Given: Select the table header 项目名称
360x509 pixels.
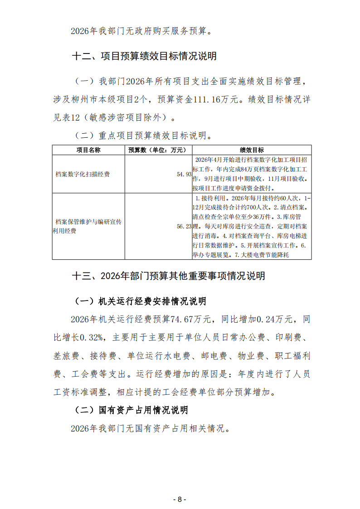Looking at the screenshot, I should click(88, 150).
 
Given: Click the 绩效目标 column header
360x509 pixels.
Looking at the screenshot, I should click(252, 150).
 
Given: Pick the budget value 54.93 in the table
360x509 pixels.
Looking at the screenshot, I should click(185, 174).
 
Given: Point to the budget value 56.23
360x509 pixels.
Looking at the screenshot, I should click(185, 226).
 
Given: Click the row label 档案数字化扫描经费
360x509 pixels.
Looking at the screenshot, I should click(83, 174).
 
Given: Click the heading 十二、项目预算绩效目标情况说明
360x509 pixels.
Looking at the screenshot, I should click(144, 56).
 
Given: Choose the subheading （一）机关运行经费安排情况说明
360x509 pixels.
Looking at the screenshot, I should click(140, 301).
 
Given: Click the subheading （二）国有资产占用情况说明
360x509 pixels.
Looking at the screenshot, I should click(131, 410).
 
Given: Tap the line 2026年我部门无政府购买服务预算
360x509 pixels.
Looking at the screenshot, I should click(141, 31).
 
